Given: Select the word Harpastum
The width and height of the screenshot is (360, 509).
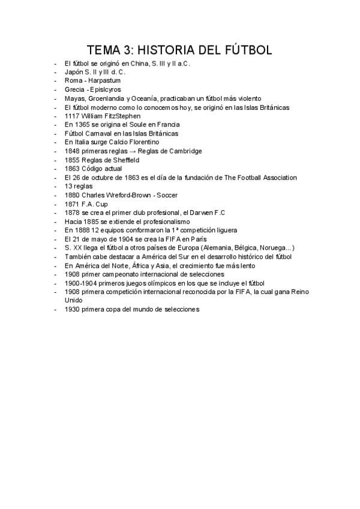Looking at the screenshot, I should coord(105,80).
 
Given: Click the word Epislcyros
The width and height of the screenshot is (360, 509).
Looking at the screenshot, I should coord(106,89).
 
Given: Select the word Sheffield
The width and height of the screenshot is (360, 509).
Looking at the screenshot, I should coord(122,160).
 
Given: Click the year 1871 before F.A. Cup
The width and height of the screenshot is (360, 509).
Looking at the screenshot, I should coord(72,204).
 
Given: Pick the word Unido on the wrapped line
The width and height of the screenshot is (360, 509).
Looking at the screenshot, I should coord(73,301).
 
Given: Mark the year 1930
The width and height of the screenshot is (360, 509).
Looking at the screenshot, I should coord(72,310).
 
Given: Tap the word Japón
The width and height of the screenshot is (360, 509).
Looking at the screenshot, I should coord(74,71).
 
